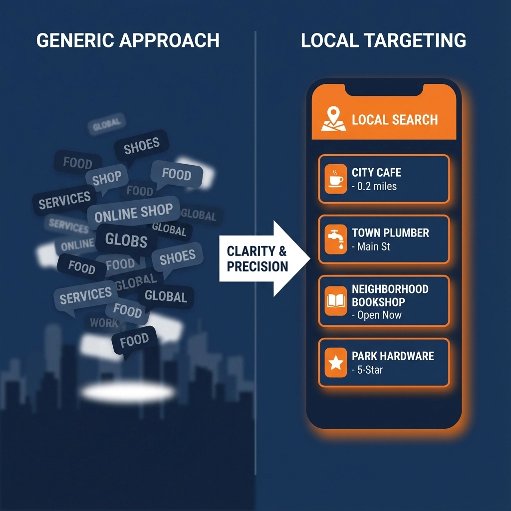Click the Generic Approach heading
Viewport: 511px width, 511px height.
click(128, 40)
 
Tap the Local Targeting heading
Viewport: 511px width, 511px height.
click(383, 40)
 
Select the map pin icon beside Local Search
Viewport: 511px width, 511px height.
click(333, 120)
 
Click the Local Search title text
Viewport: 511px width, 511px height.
click(395, 120)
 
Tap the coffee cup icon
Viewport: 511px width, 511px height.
click(335, 179)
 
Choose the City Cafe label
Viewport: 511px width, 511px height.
click(376, 173)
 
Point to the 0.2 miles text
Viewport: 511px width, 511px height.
click(374, 187)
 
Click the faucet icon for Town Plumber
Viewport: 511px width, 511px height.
click(335, 239)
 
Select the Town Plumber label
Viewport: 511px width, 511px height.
click(390, 233)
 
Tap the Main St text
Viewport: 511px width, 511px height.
click(371, 247)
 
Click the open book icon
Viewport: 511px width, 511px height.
click(335, 301)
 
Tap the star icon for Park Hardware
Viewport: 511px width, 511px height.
click(335, 363)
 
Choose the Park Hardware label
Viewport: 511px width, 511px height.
click(393, 356)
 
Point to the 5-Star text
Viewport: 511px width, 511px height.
click(367, 370)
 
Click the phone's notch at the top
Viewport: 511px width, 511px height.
click(384, 88)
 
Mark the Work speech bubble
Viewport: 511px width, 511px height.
click(104, 323)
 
